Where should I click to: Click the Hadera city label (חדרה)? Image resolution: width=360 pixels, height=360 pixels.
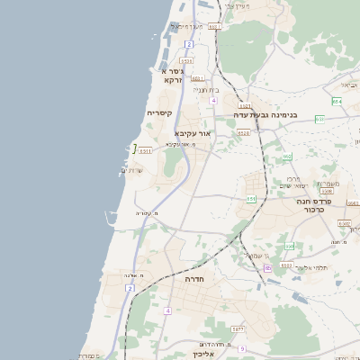pyautogui.click(x=195, y=280)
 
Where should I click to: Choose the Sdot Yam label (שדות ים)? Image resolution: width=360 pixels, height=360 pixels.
pyautogui.click(x=132, y=170)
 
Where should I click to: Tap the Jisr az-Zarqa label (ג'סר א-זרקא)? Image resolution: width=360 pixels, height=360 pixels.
pyautogui.click(x=172, y=75)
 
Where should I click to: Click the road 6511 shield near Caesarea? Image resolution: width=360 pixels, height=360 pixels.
pyautogui.click(x=145, y=151)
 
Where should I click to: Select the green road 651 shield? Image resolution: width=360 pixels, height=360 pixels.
pyautogui.click(x=251, y=198)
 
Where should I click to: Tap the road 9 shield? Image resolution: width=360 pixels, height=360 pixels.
pyautogui.click(x=242, y=347)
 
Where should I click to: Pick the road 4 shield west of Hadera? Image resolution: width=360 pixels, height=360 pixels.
pyautogui.click(x=167, y=310)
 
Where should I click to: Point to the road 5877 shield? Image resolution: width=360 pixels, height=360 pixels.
pyautogui.click(x=237, y=331)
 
